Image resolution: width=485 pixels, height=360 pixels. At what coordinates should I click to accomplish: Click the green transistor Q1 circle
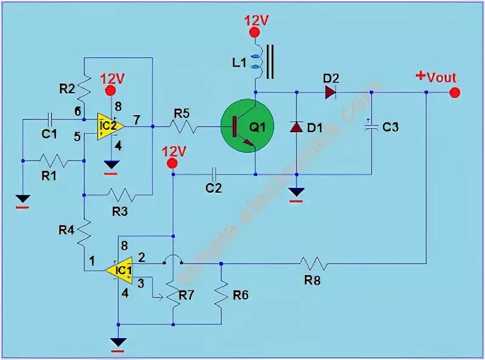(x=247, y=127)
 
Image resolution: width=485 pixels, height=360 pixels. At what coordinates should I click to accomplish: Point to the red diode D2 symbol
(x=330, y=93)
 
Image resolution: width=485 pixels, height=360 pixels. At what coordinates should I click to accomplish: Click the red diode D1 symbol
(x=296, y=127)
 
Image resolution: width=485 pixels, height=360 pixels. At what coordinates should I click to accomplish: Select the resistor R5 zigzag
(x=182, y=127)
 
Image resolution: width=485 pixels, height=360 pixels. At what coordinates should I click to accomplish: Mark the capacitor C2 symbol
(x=213, y=174)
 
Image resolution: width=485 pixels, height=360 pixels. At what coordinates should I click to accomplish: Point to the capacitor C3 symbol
(x=370, y=127)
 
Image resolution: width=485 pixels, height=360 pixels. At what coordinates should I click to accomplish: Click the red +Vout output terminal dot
(x=455, y=93)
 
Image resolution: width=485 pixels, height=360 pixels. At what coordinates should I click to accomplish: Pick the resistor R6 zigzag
(x=222, y=294)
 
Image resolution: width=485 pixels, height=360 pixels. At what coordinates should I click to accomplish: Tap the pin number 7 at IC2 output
(x=137, y=120)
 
